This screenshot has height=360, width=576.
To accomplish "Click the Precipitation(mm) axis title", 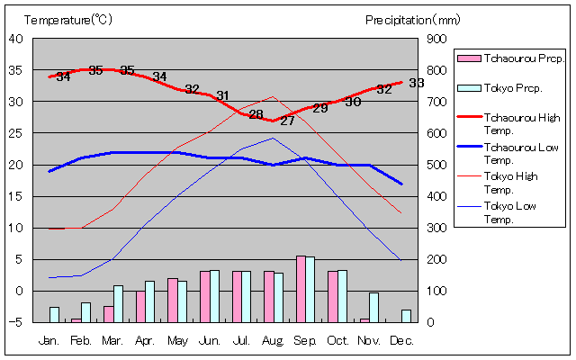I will pos(413,19).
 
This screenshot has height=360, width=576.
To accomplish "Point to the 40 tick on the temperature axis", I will pos(16,39).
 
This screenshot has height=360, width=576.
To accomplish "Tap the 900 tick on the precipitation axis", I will pos(436,39).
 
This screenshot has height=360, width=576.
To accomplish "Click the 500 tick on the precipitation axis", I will pos(436,165).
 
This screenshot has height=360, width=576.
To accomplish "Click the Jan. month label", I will pos(50,341).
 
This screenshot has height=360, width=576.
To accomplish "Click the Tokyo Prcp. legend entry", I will pos(512,87).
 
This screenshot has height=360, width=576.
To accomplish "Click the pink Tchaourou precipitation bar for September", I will pos(301,289).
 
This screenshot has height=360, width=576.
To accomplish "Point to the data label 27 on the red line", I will pos(287,121).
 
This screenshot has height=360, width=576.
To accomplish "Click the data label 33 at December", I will pos(416,83).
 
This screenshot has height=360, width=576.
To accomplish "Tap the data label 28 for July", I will pos(256,114).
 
